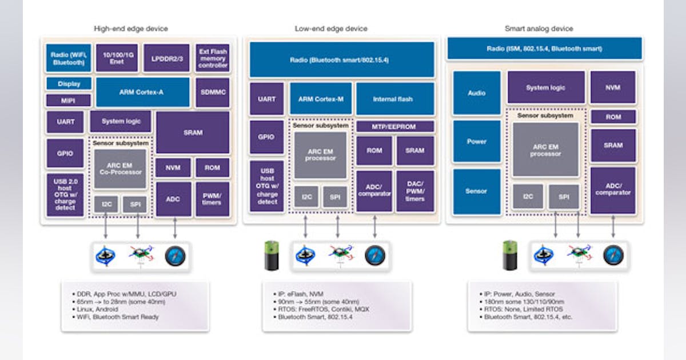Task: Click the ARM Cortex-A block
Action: tap(142, 92)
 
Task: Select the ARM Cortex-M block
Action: tap(320, 99)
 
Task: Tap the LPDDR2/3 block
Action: tap(166, 58)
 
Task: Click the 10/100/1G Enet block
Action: tap(117, 58)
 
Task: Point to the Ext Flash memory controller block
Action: tap(213, 58)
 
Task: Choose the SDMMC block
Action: tap(213, 92)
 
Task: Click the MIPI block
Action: tap(69, 101)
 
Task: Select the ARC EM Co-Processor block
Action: tap(120, 169)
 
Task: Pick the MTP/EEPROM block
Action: tap(394, 126)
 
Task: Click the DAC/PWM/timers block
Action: tap(415, 191)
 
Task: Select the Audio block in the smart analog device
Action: tap(476, 93)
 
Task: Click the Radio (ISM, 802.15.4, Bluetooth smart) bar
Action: tap(544, 49)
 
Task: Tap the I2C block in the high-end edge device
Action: tap(106, 204)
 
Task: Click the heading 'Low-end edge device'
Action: tap(331, 29)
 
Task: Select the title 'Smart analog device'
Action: tap(539, 29)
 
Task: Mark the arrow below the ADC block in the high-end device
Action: tap(174, 227)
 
